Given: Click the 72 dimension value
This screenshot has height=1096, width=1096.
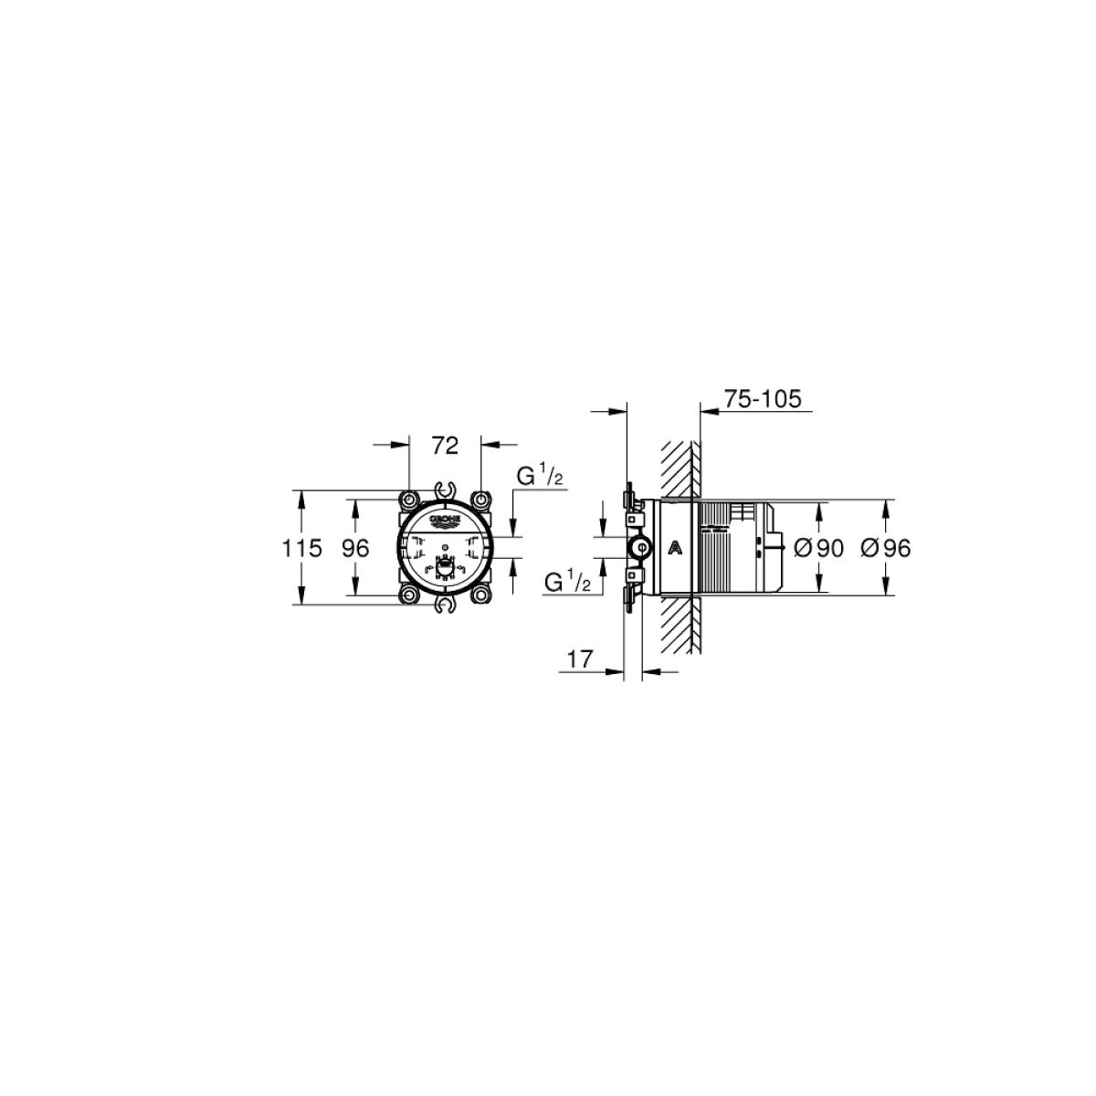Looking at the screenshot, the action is [445, 446].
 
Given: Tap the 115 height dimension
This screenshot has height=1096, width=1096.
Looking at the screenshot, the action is [302, 548].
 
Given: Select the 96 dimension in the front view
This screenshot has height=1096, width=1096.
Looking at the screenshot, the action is [355, 548].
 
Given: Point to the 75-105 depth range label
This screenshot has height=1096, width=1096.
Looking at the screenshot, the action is [762, 399].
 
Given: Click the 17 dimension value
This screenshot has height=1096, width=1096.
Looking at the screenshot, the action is [580, 659].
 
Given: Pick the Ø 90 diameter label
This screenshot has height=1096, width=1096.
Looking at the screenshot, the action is [818, 548].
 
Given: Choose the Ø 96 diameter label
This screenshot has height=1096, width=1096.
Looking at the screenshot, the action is [886, 548].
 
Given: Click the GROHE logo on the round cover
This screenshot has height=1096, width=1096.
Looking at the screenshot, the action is [446, 520].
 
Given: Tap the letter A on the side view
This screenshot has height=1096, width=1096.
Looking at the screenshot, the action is [675, 548].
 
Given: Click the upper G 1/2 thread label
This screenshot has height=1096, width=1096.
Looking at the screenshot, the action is [539, 475].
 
